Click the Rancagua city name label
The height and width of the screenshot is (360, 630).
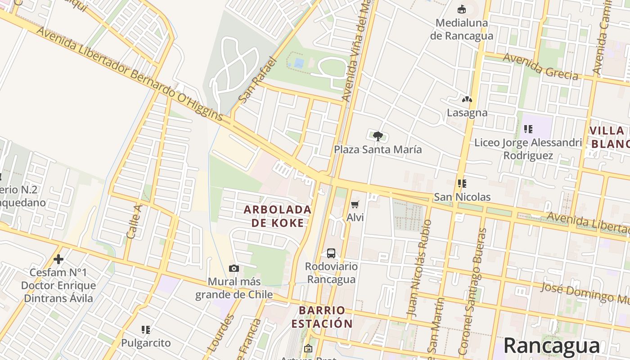click(551, 346)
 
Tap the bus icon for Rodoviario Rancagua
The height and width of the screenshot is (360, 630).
click(331, 253)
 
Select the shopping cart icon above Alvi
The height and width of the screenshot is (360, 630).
click(355, 205)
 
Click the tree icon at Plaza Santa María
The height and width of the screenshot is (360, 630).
click(378, 135)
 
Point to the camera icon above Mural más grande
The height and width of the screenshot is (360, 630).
click(234, 269)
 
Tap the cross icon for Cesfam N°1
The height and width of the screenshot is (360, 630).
click(58, 259)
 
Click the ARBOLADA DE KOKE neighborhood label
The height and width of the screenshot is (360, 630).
click(278, 216)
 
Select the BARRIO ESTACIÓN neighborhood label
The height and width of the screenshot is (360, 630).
click(322, 317)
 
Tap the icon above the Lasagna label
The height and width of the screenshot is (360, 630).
click(467, 99)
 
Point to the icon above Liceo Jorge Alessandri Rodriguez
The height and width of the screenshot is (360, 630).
click(528, 130)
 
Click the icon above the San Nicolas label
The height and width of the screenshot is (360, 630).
click(462, 184)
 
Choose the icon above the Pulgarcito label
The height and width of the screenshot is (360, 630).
click(145, 330)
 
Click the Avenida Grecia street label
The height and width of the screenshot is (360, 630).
click(540, 67)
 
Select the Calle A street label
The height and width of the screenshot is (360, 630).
click(134, 220)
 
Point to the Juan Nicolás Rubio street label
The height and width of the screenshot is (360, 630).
click(418, 268)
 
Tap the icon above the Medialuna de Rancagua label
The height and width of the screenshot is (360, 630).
click(461, 9)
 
